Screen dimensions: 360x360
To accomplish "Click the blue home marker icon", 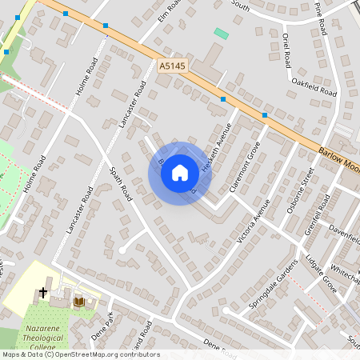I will click(180, 173).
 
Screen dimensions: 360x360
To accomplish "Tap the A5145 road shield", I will click(172, 66).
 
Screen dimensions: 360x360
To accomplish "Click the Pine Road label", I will click(322, 18).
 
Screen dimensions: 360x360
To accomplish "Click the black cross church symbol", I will click(43, 294).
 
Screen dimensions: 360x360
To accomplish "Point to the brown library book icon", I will click(79, 302).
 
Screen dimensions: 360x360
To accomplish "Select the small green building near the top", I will click(221, 34).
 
